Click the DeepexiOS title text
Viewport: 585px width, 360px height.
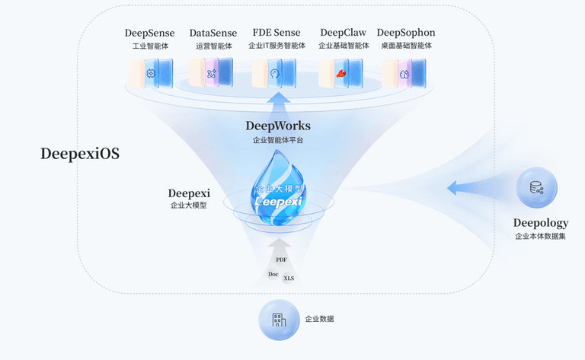80,154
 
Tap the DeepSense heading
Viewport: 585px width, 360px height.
149,33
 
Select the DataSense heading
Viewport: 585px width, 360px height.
213,33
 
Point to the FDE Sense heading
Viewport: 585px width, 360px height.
277,33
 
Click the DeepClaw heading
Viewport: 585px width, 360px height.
344,33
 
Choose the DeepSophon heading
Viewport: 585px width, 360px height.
406,33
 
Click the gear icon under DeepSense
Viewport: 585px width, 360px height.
151,73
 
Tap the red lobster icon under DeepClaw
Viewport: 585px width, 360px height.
341,73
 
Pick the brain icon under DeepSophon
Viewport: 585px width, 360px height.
404,74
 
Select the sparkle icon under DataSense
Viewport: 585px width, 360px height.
212,73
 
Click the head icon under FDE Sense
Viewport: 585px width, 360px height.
275,73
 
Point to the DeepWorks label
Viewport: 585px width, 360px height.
278,126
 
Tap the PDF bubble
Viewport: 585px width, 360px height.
281,260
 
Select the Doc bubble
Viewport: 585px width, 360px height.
273,274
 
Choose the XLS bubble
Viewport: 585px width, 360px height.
289,279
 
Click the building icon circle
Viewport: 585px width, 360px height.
279,320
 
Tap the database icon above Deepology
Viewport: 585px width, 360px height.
537,187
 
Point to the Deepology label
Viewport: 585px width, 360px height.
541,223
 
